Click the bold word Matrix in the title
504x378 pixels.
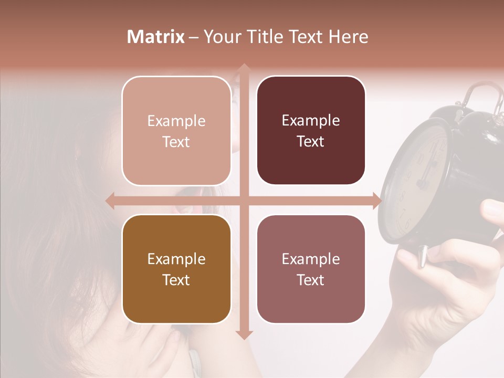coord(156,37)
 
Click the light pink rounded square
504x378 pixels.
coord(176,131)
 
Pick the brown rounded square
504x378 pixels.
coord(176,269)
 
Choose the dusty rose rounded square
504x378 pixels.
coord(311,269)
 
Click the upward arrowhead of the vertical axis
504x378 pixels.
coord(244,69)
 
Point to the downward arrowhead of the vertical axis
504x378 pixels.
coord(244,334)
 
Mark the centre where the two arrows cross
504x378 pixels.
coord(244,201)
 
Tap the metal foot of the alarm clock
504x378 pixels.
coord(422,257)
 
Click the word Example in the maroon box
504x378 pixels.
coord(311,120)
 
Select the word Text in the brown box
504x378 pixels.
coord(176,280)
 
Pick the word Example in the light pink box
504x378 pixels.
coord(176,121)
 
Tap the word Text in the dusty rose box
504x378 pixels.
coord(311,280)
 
